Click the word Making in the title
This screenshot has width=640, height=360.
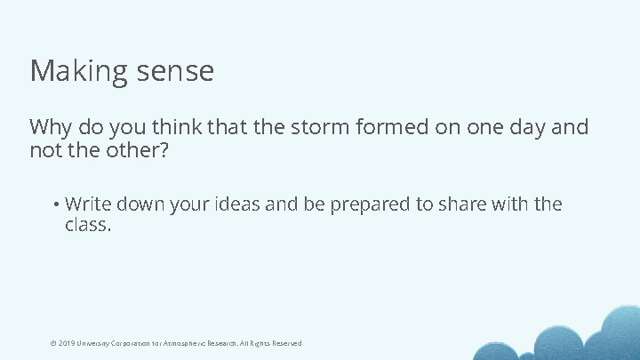point(79,71)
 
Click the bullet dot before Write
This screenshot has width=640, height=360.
point(55,204)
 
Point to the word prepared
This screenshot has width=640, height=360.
point(371,204)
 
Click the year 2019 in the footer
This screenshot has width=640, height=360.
point(67,343)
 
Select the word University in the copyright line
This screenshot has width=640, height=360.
point(95,343)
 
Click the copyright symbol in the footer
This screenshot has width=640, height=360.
point(52,343)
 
